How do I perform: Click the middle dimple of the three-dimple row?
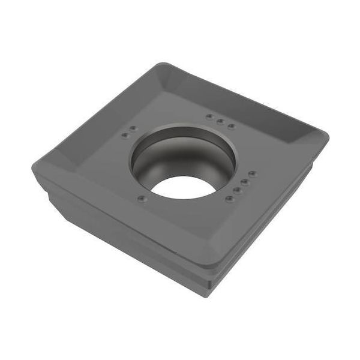(220, 122)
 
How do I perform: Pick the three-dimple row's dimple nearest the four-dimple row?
(232, 127)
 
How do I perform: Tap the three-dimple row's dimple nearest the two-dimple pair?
(209, 117)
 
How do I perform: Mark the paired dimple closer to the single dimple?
(125, 136)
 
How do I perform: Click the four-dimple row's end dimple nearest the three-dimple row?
(252, 173)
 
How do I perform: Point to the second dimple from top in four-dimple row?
(244, 181)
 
